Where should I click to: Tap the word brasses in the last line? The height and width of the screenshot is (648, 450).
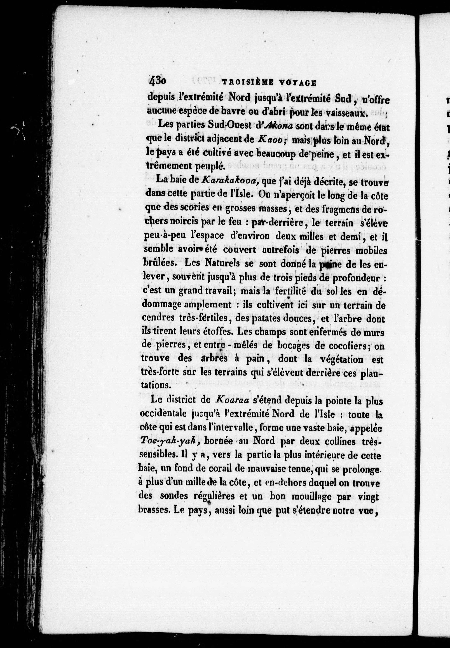tap(153, 510)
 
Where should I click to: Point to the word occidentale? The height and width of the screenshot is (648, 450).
tap(167, 414)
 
